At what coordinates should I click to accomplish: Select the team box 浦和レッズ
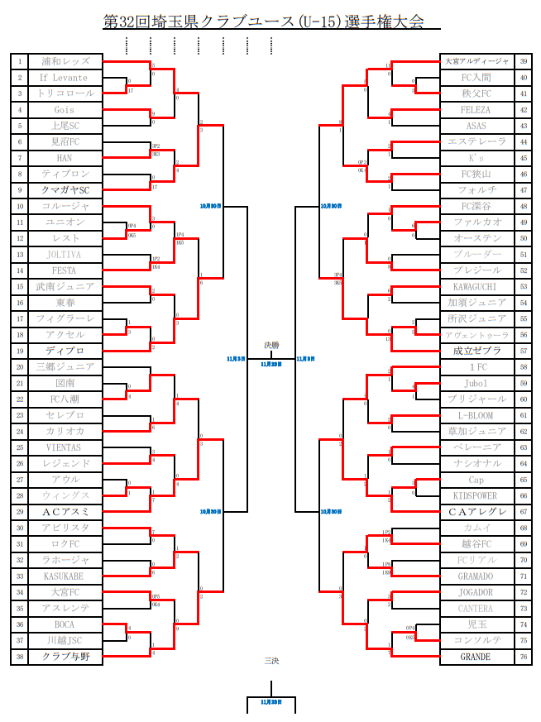click(x=65, y=61)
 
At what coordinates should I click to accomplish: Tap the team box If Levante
click(x=65, y=78)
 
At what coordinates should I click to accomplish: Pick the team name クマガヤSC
click(x=65, y=190)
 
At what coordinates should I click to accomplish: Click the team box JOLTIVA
click(x=65, y=255)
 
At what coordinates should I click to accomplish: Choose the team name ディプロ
click(x=65, y=351)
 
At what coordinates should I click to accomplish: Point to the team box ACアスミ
click(x=65, y=512)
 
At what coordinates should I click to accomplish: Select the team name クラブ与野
click(x=65, y=657)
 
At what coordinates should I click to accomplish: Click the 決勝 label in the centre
click(x=271, y=345)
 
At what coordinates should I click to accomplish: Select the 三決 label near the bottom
click(x=271, y=660)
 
